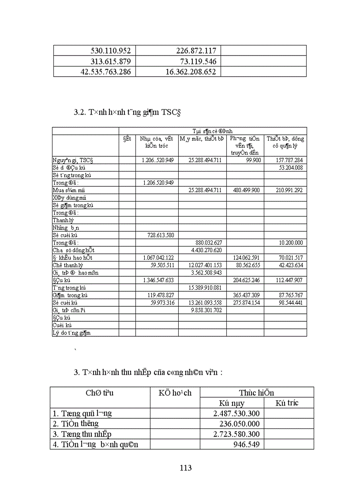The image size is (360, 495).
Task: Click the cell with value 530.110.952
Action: tap(108, 51)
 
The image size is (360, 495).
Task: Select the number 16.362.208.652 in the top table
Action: tap(184, 71)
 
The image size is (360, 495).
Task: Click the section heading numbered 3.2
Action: tap(128, 112)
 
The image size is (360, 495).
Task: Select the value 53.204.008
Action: tap(290, 167)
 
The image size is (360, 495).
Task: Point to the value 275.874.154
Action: tap(244, 302)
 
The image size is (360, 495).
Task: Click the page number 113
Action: tap(186, 468)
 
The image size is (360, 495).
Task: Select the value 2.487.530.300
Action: tap(236, 413)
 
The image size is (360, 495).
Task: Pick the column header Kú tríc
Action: tap(287, 403)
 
